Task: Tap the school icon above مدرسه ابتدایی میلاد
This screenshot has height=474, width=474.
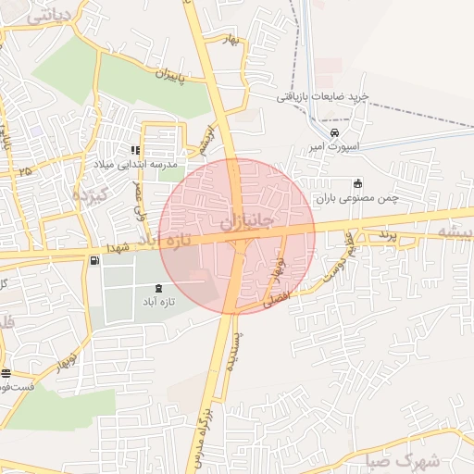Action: click(135, 150)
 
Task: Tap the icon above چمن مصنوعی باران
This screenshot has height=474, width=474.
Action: click(357, 182)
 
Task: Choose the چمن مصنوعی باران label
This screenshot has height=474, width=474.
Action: click(357, 197)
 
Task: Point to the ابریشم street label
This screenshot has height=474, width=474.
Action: click(203, 140)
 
